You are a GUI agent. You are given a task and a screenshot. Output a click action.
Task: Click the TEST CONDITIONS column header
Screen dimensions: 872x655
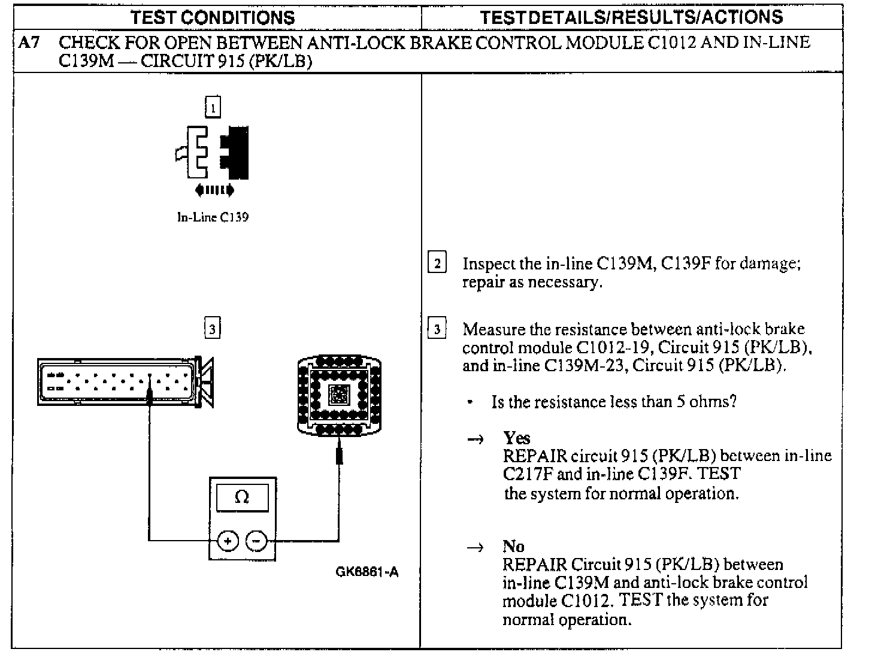[213, 17]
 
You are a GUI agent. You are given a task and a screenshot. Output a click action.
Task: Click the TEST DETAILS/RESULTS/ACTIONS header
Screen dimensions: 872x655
[631, 17]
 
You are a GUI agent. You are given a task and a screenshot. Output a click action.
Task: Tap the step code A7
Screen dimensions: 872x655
[29, 43]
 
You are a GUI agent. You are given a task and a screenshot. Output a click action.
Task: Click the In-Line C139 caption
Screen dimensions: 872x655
[213, 217]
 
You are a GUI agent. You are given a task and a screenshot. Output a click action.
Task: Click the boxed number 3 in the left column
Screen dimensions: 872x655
[213, 328]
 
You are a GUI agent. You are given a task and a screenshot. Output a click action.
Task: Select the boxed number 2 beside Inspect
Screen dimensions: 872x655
[437, 263]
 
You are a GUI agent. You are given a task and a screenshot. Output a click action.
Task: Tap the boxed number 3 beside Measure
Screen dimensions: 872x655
[437, 329]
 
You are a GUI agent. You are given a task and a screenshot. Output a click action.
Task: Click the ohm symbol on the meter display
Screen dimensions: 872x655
[242, 498]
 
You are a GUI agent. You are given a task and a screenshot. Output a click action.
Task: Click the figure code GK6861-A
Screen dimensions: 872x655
[367, 572]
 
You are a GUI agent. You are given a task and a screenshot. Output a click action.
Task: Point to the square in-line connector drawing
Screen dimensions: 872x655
[339, 395]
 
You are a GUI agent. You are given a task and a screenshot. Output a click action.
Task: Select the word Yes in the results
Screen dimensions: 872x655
[516, 438]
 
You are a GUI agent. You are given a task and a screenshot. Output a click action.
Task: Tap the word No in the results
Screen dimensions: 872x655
[513, 546]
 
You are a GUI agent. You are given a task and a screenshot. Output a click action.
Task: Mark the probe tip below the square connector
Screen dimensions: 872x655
[339, 454]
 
